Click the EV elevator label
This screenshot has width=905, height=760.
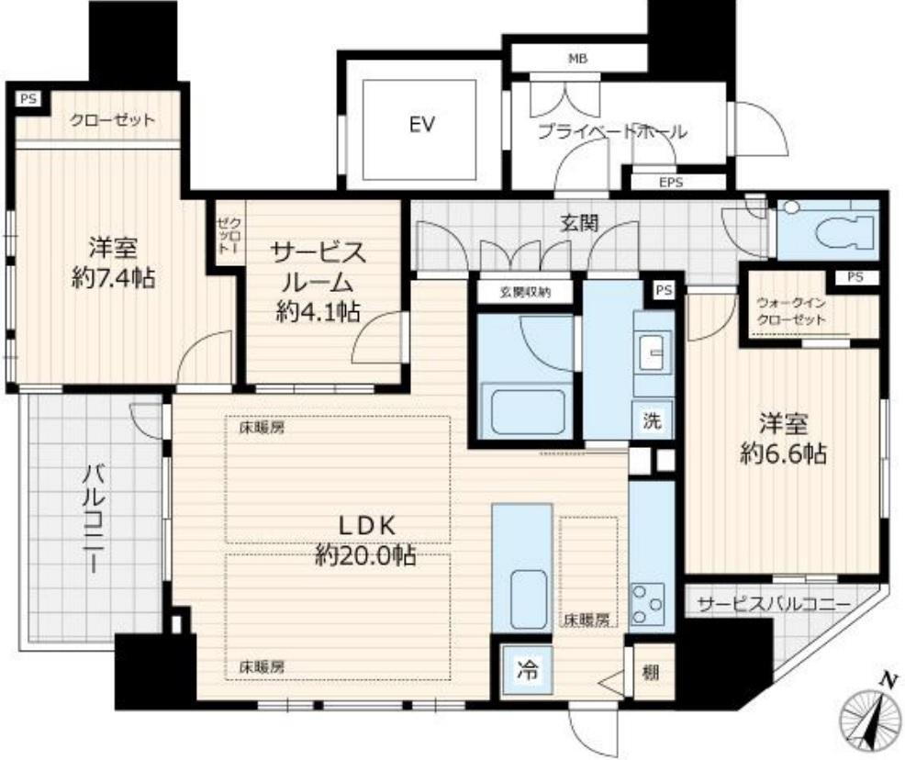(421, 125)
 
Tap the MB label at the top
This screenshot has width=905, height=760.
(577, 58)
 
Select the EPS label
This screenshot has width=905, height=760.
(671, 183)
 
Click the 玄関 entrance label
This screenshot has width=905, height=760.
(579, 223)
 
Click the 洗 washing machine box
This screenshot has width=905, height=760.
(653, 420)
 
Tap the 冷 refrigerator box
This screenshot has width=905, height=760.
(527, 670)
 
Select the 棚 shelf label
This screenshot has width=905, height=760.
(651, 673)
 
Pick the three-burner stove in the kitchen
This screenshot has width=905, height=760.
(647, 605)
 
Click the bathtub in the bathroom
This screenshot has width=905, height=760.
(527, 412)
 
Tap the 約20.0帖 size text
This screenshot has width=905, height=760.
(364, 555)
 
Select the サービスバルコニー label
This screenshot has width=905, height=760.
(774, 605)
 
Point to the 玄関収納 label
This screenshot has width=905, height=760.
(525, 293)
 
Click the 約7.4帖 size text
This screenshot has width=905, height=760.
(113, 279)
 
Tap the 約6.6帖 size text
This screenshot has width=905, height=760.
(783, 454)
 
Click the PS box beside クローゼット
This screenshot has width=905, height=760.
(28, 99)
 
